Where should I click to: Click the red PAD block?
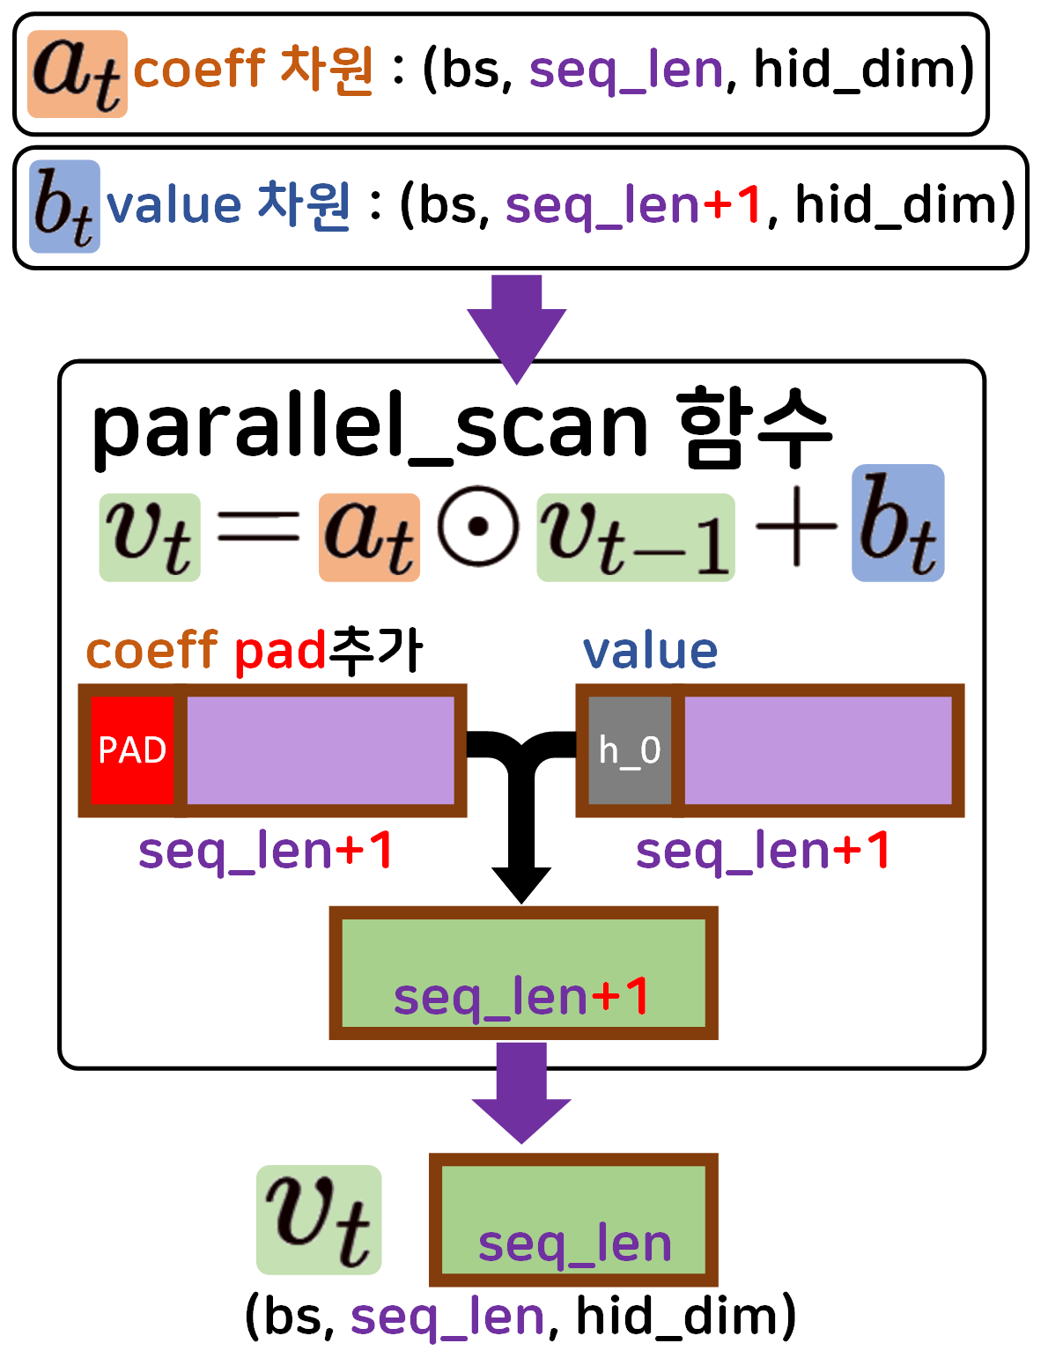click(x=132, y=750)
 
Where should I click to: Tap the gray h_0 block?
click(x=629, y=750)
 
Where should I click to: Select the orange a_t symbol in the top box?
click(x=77, y=74)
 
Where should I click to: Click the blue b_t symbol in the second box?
click(x=64, y=207)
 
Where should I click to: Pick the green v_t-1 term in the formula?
click(x=636, y=537)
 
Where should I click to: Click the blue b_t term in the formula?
click(x=897, y=523)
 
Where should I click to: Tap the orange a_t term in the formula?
click(x=369, y=537)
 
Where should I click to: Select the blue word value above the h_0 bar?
click(x=650, y=652)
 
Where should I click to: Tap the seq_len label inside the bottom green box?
click(x=574, y=1244)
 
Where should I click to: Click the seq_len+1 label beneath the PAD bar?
click(x=265, y=852)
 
